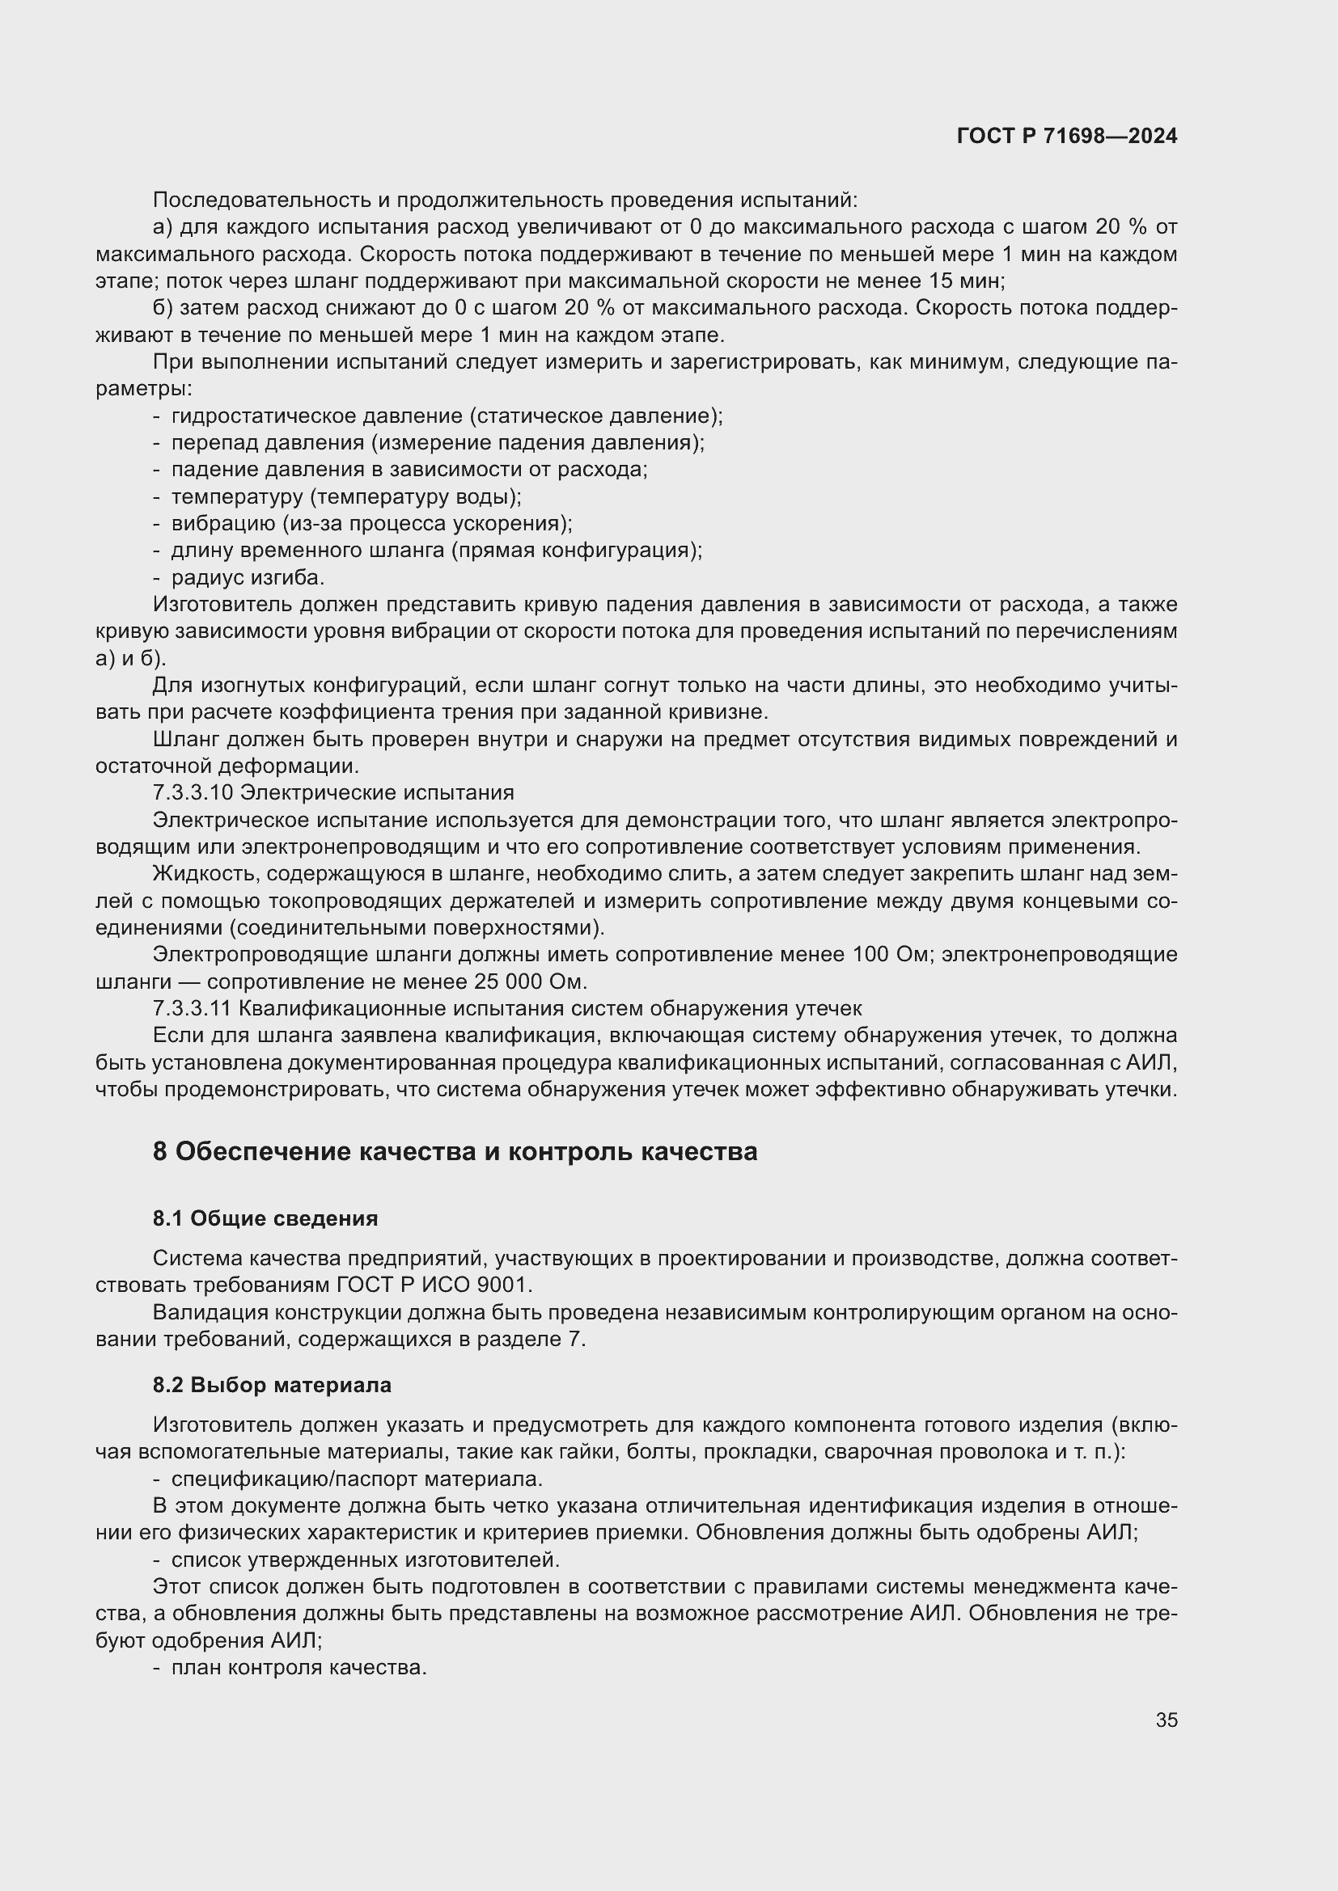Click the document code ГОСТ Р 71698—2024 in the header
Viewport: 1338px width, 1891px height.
click(x=1067, y=137)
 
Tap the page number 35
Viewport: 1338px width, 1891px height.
click(x=1166, y=1720)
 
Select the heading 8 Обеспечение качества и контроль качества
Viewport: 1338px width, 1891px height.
click(x=455, y=1151)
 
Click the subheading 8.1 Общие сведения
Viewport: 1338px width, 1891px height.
click(x=265, y=1218)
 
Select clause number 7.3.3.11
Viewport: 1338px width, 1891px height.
click(x=193, y=1009)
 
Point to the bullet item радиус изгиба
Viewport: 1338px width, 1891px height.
click(x=248, y=577)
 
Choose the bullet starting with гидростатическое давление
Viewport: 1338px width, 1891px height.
click(x=445, y=416)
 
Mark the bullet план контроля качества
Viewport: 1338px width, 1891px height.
click(x=299, y=1669)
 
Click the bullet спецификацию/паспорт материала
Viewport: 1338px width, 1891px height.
click(x=356, y=1479)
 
